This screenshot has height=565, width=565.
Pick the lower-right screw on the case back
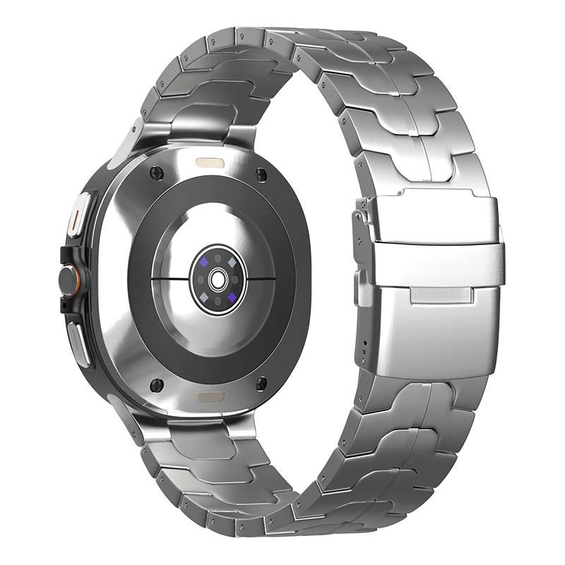(x=263, y=383)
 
